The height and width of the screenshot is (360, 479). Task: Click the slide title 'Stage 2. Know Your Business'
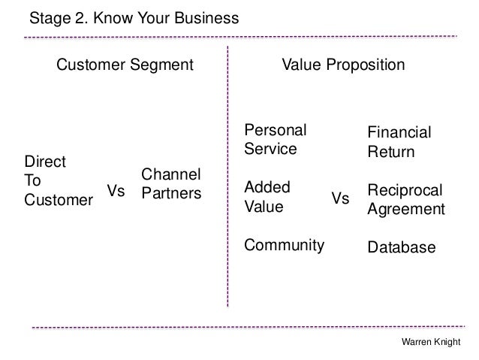click(134, 16)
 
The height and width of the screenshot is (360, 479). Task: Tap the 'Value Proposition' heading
click(342, 66)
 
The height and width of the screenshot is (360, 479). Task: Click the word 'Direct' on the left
click(46, 161)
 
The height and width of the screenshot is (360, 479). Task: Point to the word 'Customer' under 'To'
click(59, 200)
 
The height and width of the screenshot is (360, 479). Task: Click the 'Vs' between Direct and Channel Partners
click(116, 192)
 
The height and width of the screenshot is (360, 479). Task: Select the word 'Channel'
click(171, 174)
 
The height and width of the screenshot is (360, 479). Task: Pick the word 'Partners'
click(172, 193)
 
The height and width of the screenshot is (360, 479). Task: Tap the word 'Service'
click(271, 148)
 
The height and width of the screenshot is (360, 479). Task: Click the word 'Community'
click(285, 245)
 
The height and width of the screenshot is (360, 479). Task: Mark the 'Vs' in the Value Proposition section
click(340, 198)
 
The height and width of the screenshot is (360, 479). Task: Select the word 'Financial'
click(399, 133)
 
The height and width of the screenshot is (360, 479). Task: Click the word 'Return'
click(390, 153)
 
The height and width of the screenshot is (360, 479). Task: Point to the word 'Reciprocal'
click(405, 192)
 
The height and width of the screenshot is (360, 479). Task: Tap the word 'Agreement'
click(405, 211)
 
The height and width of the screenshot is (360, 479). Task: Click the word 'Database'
click(401, 247)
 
